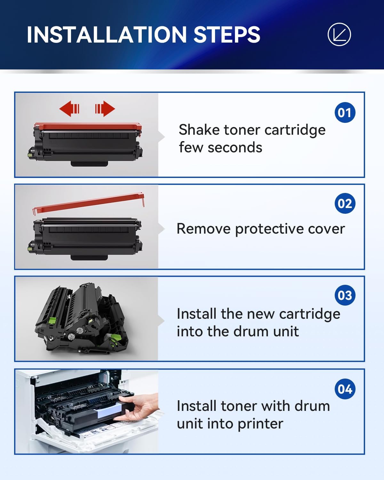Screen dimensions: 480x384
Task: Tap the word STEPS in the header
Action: (227, 35)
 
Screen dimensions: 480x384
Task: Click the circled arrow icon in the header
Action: (339, 35)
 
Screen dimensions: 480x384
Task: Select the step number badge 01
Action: (345, 112)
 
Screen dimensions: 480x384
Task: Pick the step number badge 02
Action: (345, 204)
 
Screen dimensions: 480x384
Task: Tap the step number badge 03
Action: (345, 295)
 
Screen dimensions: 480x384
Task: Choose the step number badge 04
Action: (345, 389)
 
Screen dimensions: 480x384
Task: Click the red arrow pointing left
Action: (69, 109)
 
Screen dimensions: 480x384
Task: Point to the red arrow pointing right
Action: (105, 109)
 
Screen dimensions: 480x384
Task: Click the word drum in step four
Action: (312, 406)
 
